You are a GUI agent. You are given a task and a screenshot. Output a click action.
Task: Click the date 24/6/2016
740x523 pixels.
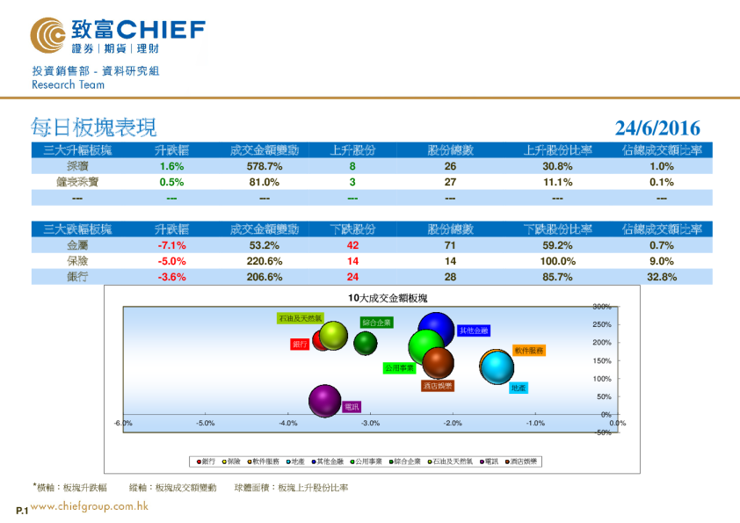[657, 128]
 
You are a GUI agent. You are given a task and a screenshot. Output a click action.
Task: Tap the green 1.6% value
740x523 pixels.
[171, 166]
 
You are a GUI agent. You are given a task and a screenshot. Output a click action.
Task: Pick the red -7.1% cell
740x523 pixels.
[171, 245]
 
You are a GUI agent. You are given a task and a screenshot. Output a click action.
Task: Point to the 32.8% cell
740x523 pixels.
[661, 277]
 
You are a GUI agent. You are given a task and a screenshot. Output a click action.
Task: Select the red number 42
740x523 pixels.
[352, 245]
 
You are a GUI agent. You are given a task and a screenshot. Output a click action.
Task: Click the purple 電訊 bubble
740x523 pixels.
[324, 402]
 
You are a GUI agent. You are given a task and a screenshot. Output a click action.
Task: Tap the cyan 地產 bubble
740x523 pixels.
[497, 367]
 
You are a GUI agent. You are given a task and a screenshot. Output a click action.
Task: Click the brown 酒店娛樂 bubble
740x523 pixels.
[438, 361]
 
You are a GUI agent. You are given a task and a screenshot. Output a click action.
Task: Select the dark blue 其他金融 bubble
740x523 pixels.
[436, 331]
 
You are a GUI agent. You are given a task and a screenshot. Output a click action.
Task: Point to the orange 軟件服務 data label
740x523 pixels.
[529, 350]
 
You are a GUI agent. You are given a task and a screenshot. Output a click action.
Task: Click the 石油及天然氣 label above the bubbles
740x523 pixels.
[300, 318]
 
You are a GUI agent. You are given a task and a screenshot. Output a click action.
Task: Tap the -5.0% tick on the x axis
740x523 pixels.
[205, 423]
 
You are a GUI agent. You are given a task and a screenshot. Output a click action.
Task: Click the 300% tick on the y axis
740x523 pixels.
[601, 307]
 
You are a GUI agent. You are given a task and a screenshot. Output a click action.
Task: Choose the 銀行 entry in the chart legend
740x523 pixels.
[206, 461]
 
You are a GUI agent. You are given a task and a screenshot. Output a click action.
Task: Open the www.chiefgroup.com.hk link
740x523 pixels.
[89, 506]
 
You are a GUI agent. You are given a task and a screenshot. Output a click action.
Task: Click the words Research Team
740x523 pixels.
[68, 85]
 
